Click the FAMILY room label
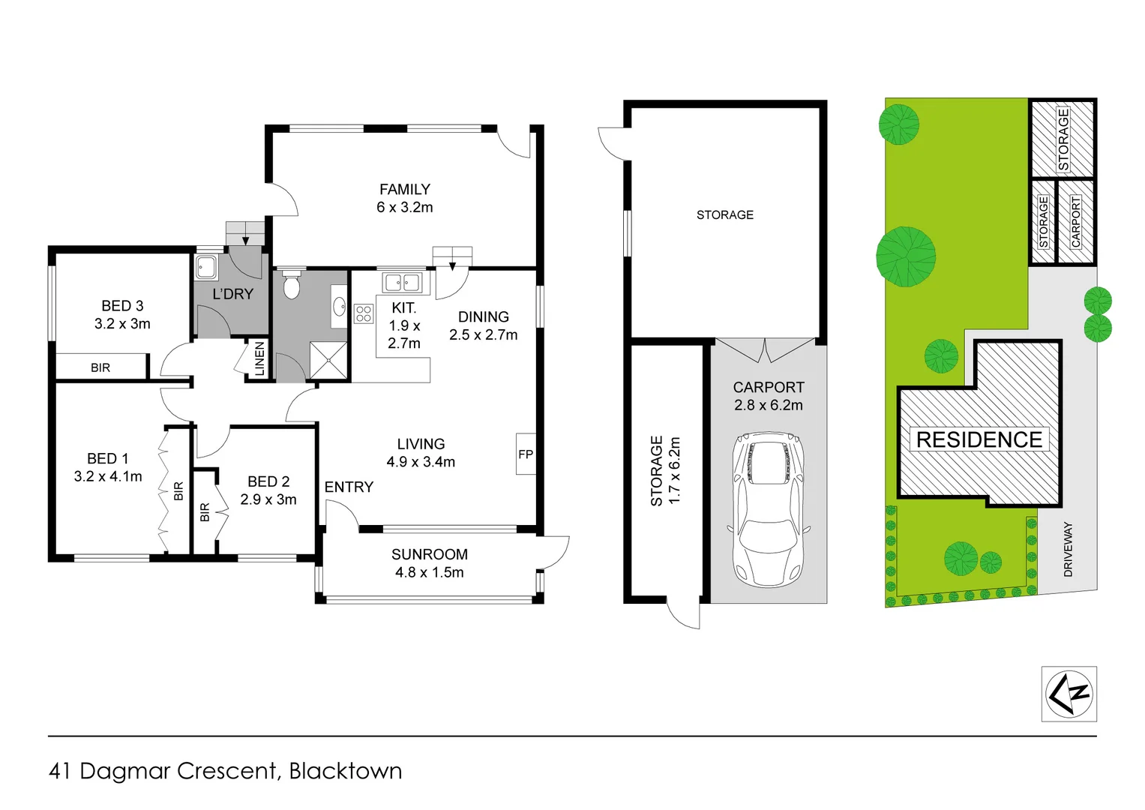(x=405, y=190)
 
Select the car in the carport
(x=769, y=510)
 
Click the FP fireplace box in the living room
(x=526, y=454)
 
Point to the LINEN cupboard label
(x=259, y=359)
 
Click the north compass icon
(x=1069, y=694)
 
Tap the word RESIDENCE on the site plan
(x=979, y=439)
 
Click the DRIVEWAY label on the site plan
(x=1068, y=550)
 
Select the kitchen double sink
(x=403, y=282)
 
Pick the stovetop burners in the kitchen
(x=364, y=313)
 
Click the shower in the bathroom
(x=328, y=361)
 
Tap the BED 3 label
(x=122, y=306)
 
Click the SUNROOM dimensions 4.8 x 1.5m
(x=430, y=572)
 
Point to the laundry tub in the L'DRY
(x=206, y=267)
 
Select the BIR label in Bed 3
(x=100, y=367)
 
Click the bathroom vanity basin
(x=339, y=306)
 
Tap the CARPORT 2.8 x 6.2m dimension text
(x=769, y=405)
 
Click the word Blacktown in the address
(x=346, y=771)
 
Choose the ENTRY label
(x=349, y=487)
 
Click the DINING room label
(x=483, y=317)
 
